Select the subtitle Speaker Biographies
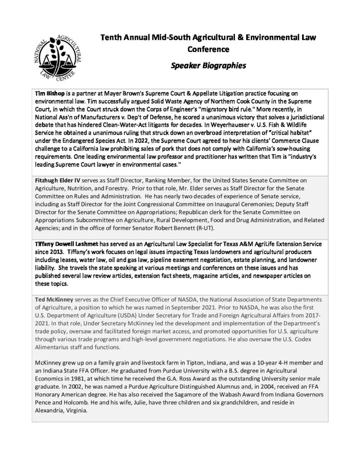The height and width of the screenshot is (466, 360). (x=208, y=65)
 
